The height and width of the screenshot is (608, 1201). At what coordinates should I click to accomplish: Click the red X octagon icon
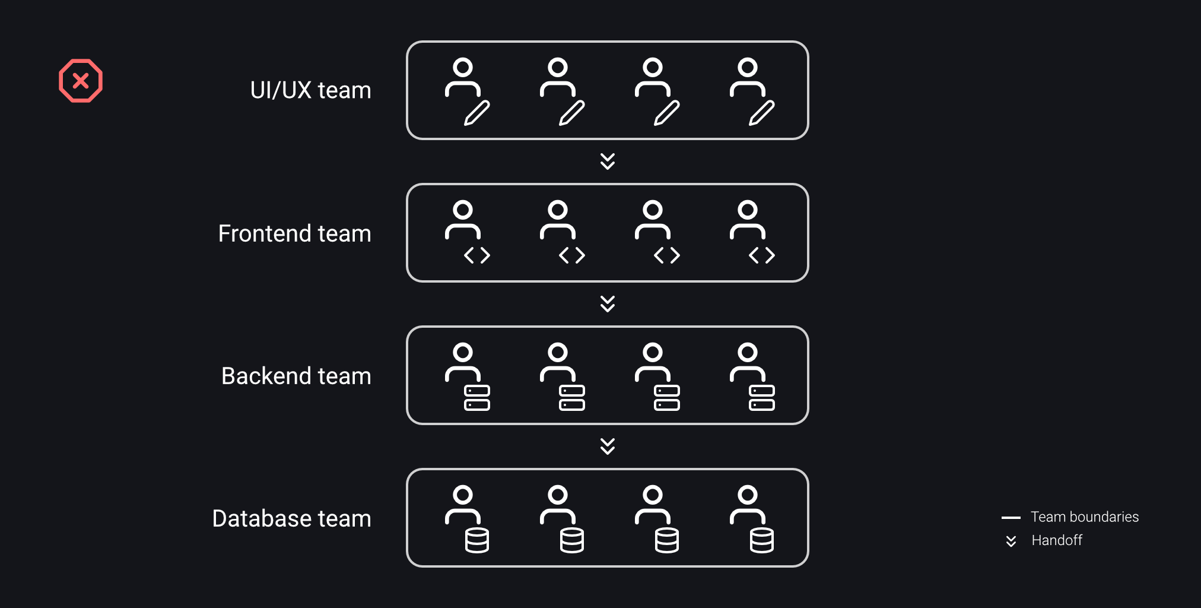pos(81,81)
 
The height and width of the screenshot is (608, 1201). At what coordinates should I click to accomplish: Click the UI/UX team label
pos(310,90)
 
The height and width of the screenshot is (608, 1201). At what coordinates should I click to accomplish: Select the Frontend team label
pos(294,233)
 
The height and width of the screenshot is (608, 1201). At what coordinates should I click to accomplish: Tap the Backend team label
pos(296,376)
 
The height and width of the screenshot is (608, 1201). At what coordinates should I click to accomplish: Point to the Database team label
pos(291,518)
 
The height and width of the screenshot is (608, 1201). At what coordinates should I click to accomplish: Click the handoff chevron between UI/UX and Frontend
pos(607,161)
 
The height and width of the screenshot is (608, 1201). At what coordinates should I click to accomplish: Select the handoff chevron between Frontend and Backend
pos(607,304)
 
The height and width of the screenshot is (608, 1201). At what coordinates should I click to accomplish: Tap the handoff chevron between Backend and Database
pos(607,446)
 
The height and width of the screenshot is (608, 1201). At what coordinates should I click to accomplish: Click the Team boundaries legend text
pos(1084,517)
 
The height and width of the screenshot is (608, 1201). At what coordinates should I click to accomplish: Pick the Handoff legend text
pos(1056,540)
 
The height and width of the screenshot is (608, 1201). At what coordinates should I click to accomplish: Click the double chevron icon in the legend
pos(1011,541)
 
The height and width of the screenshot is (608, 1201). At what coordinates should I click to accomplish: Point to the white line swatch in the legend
pos(1011,518)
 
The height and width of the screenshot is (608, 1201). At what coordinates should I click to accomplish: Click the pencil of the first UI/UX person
pos(477,113)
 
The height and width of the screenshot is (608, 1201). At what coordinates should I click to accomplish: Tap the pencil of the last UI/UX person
pos(762,113)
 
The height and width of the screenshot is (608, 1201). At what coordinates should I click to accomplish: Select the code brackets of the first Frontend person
pos(477,255)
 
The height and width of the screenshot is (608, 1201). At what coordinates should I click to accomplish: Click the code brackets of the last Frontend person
pos(762,255)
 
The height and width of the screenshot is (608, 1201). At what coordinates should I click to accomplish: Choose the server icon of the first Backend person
pos(477,398)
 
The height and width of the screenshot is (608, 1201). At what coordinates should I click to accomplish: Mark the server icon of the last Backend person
pos(762,398)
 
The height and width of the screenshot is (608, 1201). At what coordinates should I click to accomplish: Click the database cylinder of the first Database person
pos(477,540)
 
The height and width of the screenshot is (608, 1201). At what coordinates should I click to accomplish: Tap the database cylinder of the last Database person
pos(762,540)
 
